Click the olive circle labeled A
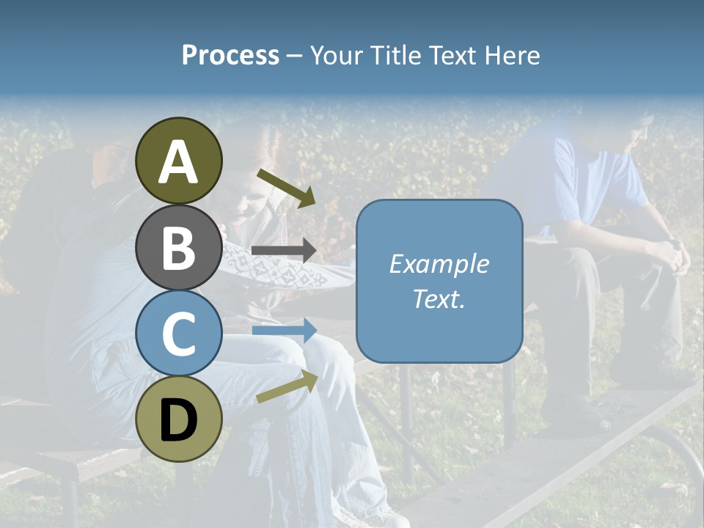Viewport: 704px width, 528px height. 179,160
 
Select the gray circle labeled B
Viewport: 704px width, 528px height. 179,247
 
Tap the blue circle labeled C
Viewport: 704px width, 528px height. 179,334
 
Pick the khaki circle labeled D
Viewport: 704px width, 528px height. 179,419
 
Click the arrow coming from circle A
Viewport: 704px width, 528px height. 286,188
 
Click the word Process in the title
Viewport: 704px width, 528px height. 230,56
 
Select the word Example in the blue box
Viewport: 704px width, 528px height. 439,264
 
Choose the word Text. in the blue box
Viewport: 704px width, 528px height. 439,298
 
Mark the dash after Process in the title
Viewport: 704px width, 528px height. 295,56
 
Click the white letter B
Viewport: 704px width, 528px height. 179,247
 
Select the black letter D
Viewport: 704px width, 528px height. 179,420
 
